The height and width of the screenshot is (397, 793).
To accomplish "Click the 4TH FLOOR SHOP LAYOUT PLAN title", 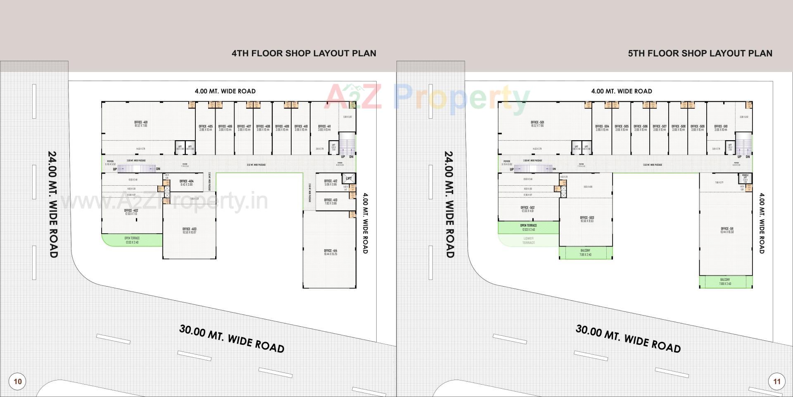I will coord(304,53).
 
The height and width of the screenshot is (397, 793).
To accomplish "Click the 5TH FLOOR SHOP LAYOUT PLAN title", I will coord(700,53).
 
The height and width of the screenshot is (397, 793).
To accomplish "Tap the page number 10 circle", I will coord(17,381).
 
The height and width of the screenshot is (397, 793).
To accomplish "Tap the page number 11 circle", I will coord(777,381).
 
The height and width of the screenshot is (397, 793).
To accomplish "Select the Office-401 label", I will coord(141,124).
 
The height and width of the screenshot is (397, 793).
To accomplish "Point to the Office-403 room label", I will coord(189,230).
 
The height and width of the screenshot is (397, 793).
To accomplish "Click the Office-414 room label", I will coord(330,252).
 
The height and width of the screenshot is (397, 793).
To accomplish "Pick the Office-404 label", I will coord(186,182).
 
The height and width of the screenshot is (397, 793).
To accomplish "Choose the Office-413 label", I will coord(330,201).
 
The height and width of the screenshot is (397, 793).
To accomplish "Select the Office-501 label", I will coord(537,124).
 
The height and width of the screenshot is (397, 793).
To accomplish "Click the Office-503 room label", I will coord(586,219).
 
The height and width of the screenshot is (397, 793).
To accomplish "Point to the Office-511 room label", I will coord(727,230).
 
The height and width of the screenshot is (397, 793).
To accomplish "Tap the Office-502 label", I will coord(527,209).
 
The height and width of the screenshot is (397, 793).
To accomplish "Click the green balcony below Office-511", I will coord(725,282).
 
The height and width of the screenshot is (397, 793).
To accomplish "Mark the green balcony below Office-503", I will coord(585,252).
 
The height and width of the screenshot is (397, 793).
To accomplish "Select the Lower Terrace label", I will coord(528,240).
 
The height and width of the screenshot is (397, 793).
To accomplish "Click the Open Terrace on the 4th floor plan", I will coord(132,240).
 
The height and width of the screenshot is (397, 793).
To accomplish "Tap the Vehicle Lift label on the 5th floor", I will coord(745,178).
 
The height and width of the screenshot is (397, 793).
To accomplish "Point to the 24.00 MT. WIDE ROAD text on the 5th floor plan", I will coord(449,204).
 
